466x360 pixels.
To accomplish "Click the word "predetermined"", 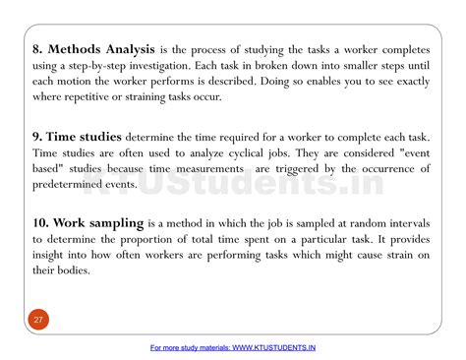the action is click(76, 185).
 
